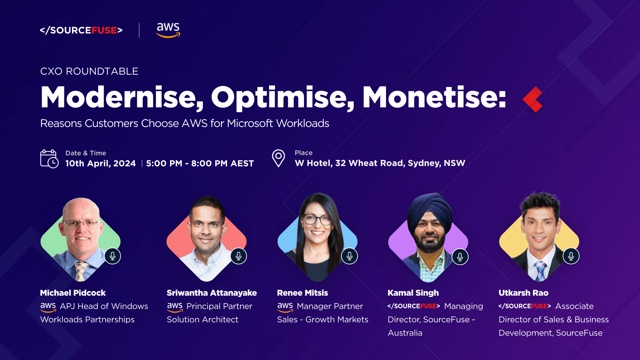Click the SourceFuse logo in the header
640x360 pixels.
81,30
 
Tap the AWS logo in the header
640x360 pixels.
168,30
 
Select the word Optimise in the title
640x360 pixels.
283,98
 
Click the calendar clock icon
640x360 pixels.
49,159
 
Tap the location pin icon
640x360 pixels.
278,158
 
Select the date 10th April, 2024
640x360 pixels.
100,163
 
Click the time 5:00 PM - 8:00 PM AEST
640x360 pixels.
200,163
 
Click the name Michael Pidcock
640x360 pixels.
73,293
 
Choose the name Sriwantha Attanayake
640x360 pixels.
212,293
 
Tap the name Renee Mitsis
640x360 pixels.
302,293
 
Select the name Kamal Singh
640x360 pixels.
413,293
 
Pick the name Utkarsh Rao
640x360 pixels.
523,293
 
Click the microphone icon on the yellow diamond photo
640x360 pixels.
571,256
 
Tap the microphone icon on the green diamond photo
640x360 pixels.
113,256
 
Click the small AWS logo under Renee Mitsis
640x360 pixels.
285,307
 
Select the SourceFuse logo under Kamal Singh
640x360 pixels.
414,306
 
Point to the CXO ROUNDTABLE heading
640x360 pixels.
89,71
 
